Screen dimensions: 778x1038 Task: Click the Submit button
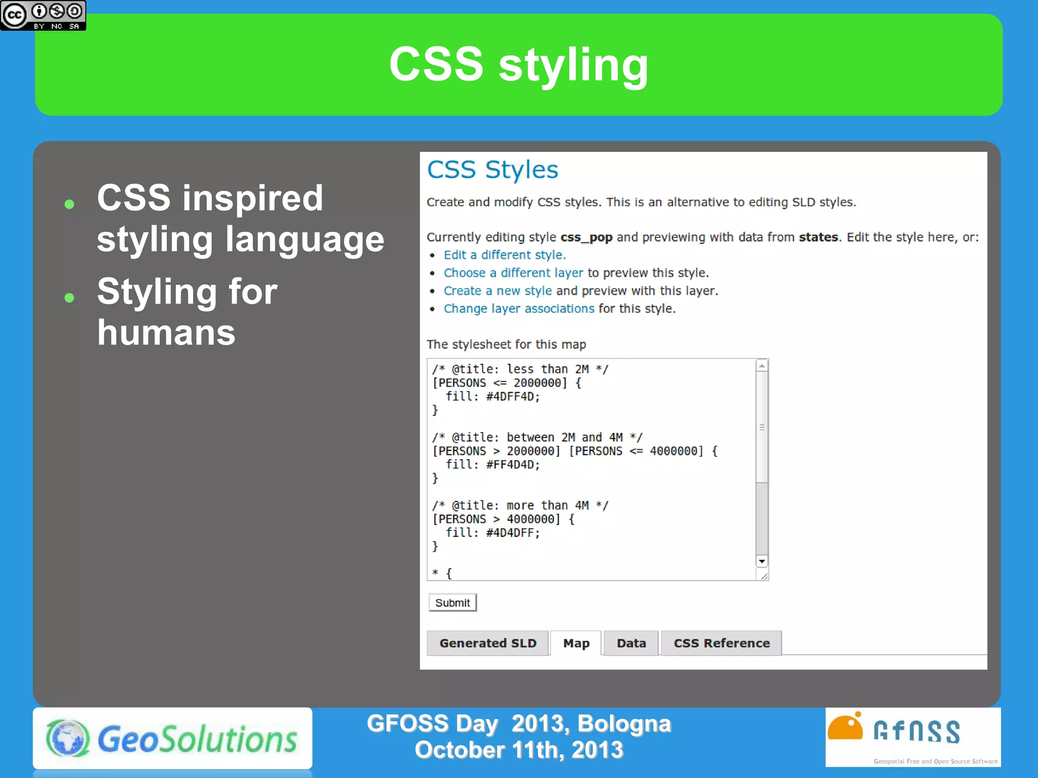click(x=452, y=603)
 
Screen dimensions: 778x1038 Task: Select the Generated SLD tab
click(x=487, y=643)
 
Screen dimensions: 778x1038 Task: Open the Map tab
click(x=576, y=643)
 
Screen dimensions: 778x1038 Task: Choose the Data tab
click(x=631, y=643)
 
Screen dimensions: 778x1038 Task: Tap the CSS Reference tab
click(x=721, y=643)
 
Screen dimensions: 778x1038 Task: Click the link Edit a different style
click(x=504, y=255)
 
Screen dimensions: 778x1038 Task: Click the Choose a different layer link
click(x=513, y=273)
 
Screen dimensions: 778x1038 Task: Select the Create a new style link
click(x=497, y=291)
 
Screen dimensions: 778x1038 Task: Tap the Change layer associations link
click(x=519, y=308)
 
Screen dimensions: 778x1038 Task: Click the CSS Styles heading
click(x=492, y=170)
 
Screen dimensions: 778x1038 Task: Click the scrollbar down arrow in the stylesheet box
click(x=762, y=561)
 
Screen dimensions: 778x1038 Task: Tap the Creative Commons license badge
click(x=43, y=15)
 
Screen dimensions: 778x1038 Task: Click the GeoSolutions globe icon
click(x=68, y=738)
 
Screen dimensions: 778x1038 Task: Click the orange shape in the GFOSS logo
click(x=845, y=727)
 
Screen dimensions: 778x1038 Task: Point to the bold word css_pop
click(x=586, y=237)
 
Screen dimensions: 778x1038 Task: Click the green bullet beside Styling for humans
click(x=69, y=298)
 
